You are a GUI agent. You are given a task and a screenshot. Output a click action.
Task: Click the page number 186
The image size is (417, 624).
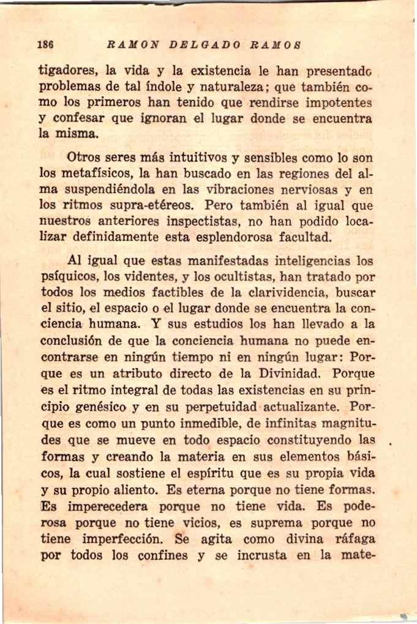pos(46,45)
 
